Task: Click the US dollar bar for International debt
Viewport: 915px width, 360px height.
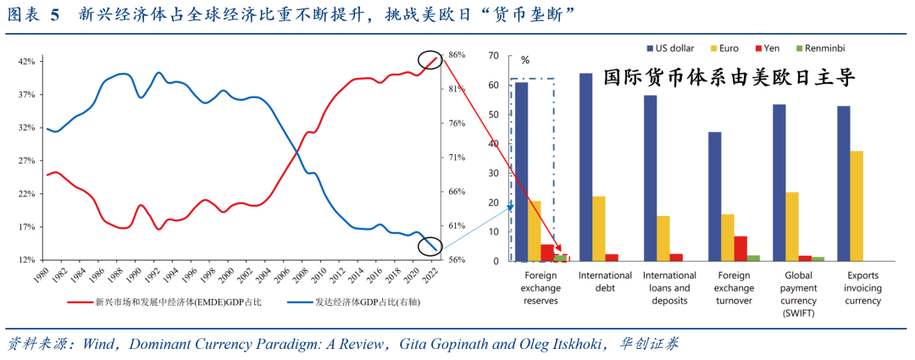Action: click(x=585, y=167)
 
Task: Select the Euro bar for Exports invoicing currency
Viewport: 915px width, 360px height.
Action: click(x=856, y=206)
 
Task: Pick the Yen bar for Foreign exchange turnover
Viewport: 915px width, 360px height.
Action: click(x=740, y=248)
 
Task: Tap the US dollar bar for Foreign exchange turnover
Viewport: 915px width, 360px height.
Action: click(x=714, y=197)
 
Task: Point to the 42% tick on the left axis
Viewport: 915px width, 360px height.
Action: click(x=26, y=62)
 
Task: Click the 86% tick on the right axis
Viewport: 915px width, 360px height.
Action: click(x=456, y=55)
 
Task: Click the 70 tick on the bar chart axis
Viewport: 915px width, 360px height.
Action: click(x=492, y=56)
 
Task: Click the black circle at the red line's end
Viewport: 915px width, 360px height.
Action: click(x=430, y=59)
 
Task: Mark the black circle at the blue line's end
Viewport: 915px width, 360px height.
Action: click(x=431, y=246)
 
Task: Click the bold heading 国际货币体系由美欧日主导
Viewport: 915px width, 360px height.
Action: click(x=729, y=77)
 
